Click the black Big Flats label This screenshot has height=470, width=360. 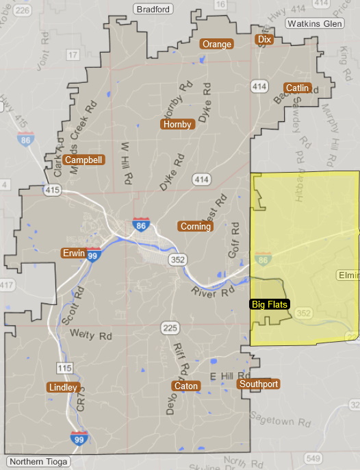coord(270,304)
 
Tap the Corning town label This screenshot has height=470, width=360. coord(196,226)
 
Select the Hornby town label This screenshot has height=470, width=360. coord(177,124)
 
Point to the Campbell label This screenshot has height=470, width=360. coord(83,160)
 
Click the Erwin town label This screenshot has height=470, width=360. coord(73,253)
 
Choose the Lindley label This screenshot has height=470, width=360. coord(63,387)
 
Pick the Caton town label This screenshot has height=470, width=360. coord(186,386)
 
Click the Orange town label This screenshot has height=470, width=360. coord(217,45)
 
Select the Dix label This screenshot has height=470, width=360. coord(264,40)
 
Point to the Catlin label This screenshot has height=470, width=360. coord(298,88)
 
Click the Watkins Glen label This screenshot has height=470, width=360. coord(313,23)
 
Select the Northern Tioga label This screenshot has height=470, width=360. coord(39,462)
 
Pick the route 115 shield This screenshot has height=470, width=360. coord(64,369)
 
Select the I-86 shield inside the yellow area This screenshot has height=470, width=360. coord(264,260)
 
